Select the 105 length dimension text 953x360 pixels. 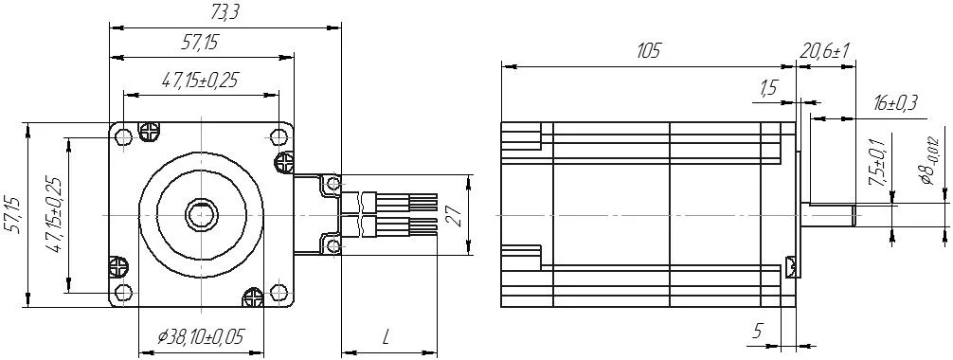pyautogui.click(x=648, y=51)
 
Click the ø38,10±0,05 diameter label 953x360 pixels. pyautogui.click(x=201, y=336)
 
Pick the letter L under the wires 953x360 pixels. pyautogui.click(x=386, y=337)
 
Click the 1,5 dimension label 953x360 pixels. pyautogui.click(x=768, y=88)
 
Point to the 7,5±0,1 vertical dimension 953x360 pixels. pyautogui.click(x=877, y=160)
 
